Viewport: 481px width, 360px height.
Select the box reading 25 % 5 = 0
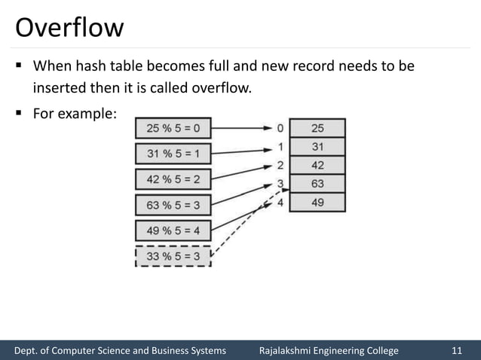[173, 128]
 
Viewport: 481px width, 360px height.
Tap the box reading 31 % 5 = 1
[173, 154]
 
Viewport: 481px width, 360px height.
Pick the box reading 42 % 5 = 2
[173, 180]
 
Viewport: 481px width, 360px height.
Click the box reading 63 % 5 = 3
[173, 206]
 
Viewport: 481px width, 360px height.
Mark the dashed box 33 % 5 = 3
[173, 257]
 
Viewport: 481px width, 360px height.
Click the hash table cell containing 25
[317, 128]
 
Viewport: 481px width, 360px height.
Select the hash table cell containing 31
[317, 146]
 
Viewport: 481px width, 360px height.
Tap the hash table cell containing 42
[317, 165]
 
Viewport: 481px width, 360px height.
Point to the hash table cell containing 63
[317, 183]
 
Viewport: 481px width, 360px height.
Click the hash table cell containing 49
[317, 202]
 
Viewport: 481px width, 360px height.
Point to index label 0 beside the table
[280, 128]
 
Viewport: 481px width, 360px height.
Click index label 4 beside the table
[280, 201]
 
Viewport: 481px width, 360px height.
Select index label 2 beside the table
[280, 165]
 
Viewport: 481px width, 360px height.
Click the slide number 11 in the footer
[456, 350]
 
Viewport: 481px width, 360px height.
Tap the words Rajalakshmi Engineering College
[329, 350]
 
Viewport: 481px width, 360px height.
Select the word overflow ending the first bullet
[223, 89]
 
